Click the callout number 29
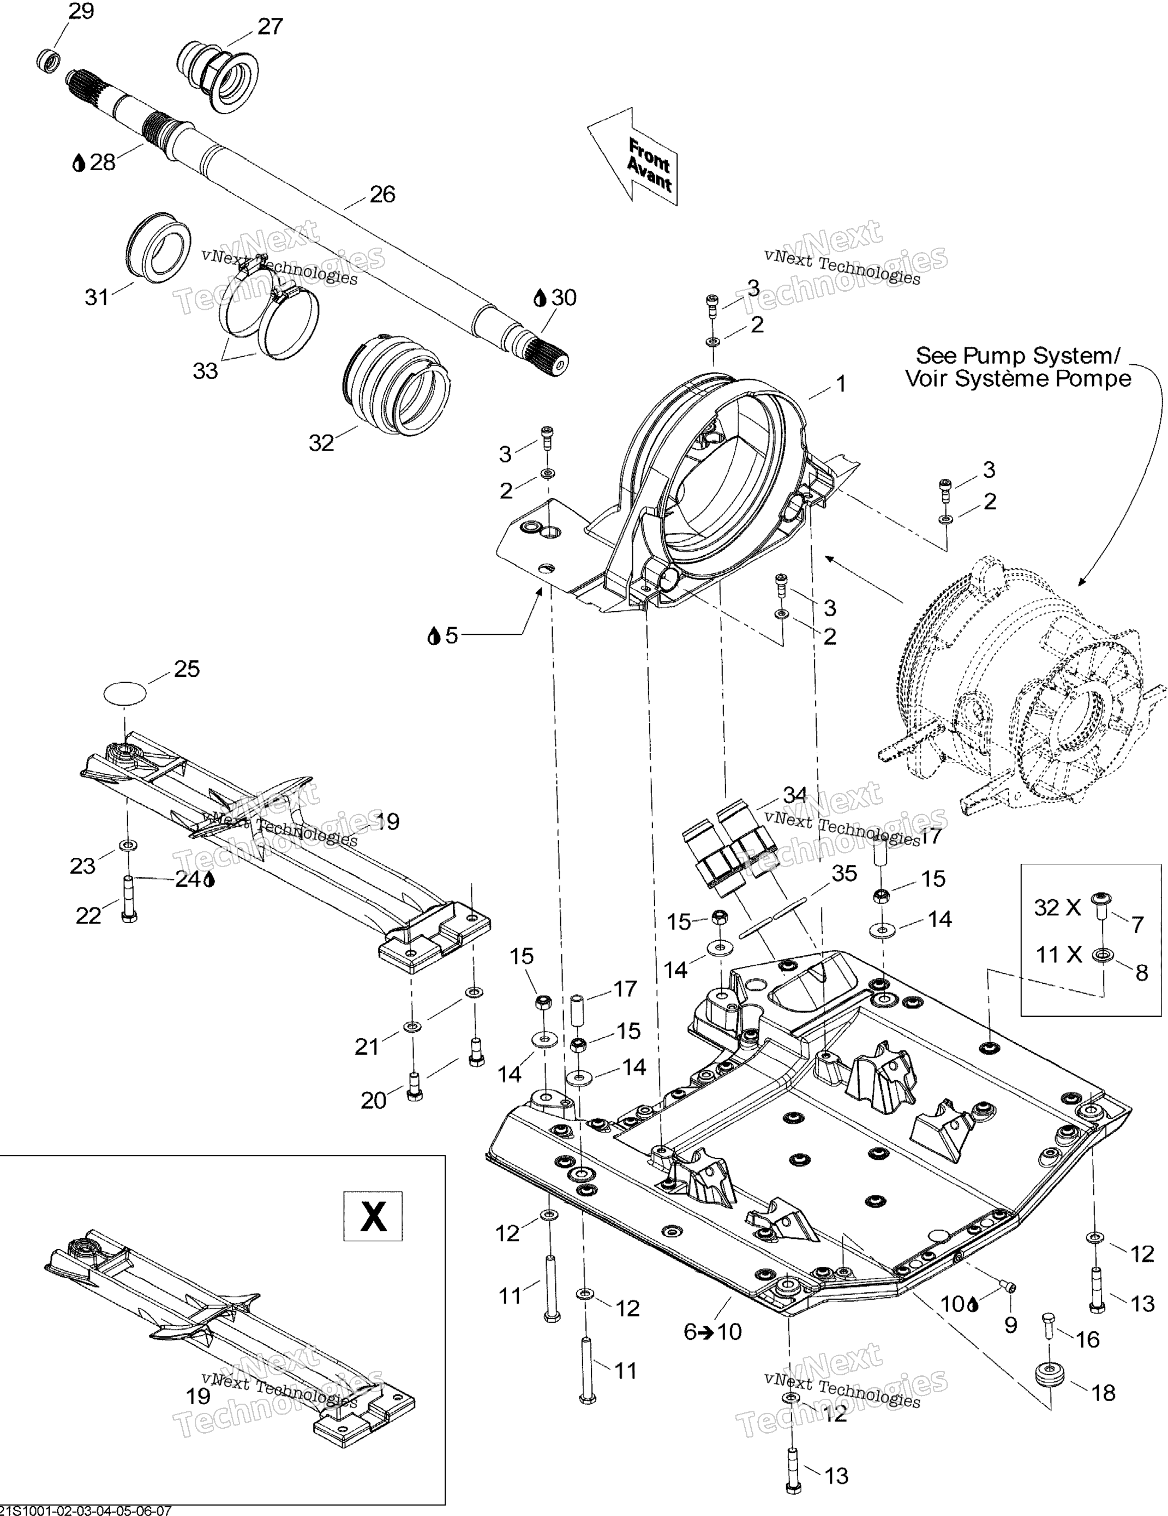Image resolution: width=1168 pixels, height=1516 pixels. [x=81, y=12]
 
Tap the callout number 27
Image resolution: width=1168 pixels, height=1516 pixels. [x=269, y=26]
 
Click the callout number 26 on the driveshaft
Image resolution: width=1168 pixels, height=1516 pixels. [x=382, y=194]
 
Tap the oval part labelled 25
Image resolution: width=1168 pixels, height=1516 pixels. [x=125, y=692]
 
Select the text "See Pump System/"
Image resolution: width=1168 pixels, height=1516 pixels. [x=1017, y=356]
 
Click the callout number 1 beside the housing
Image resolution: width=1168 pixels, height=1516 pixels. [x=841, y=383]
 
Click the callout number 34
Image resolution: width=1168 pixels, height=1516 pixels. [x=794, y=793]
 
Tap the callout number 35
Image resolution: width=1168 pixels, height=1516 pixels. [x=844, y=873]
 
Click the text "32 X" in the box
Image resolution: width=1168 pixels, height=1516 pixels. [x=1057, y=906]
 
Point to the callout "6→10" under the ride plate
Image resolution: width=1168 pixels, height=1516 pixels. [x=712, y=1331]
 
